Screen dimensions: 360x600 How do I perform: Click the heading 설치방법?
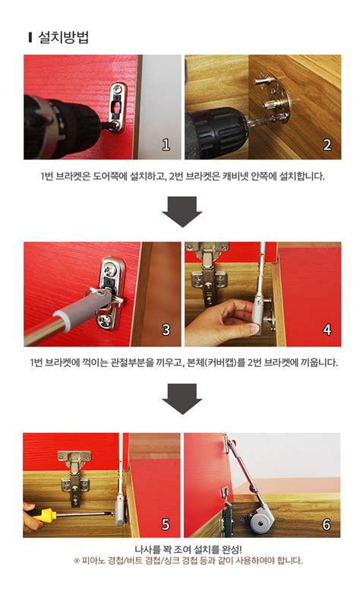click(x=63, y=37)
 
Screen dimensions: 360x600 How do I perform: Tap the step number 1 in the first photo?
click(x=166, y=144)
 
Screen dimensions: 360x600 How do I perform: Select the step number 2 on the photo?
click(x=327, y=144)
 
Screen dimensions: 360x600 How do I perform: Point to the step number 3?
click(x=166, y=330)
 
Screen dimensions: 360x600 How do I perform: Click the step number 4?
click(x=327, y=330)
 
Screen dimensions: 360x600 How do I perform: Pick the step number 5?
click(x=166, y=524)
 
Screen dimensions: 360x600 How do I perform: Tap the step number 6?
click(x=327, y=524)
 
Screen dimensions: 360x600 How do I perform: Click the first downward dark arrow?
click(x=182, y=212)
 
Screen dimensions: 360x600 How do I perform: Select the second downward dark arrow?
click(x=182, y=399)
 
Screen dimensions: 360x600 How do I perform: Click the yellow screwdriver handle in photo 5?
click(x=44, y=514)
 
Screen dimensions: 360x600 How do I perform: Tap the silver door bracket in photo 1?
click(x=118, y=108)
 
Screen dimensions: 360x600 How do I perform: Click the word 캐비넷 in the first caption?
click(x=235, y=176)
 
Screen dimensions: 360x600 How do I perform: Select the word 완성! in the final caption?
click(x=232, y=550)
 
